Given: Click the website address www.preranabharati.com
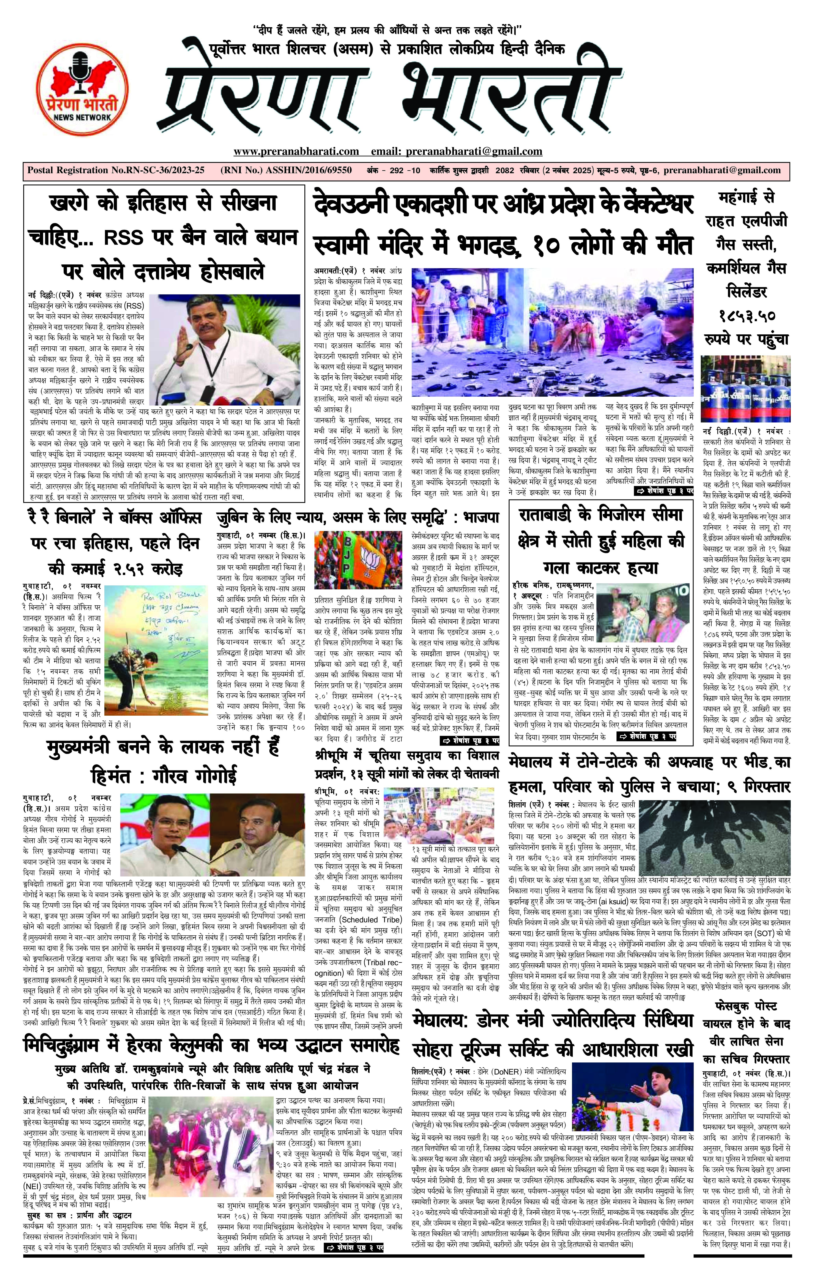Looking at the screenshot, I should click(296, 152).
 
